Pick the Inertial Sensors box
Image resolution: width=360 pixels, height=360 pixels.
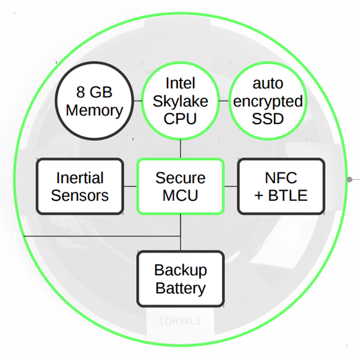coord(80,187)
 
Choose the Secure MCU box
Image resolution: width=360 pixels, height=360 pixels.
coord(180,187)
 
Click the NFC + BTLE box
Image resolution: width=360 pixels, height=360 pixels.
coord(281,187)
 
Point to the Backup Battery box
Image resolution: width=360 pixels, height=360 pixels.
coord(181,278)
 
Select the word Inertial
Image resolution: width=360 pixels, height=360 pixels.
coord(80,178)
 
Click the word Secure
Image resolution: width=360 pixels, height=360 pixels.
coord(180,178)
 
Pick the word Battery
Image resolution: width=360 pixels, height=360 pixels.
coord(181,287)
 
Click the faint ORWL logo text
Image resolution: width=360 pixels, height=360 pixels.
coord(180,321)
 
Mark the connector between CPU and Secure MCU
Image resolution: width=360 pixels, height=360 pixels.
coord(181,148)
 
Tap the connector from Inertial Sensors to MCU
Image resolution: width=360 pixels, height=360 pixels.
coord(130,187)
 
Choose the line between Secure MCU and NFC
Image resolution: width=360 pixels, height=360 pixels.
coord(231,187)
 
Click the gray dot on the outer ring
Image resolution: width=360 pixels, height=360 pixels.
coord(349,179)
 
